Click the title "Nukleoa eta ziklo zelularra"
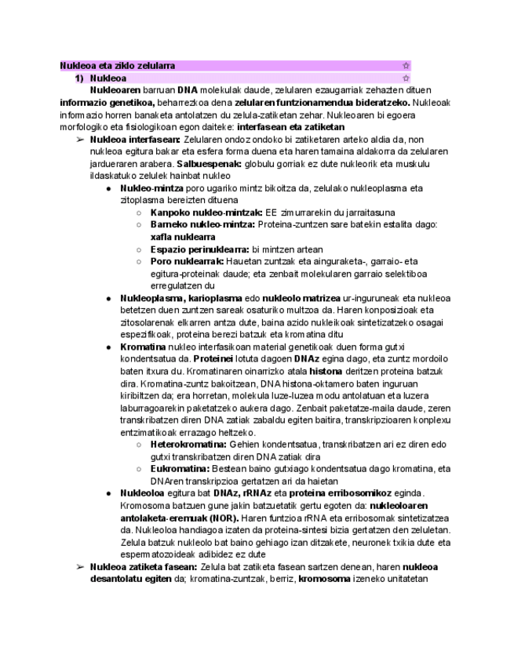point(118,66)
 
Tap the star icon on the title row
point(406,66)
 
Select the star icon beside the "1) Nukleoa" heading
point(406,78)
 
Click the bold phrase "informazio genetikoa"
point(108,102)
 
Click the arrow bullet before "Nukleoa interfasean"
point(80,139)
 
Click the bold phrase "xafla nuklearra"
point(183,236)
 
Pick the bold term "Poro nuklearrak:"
point(187,261)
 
